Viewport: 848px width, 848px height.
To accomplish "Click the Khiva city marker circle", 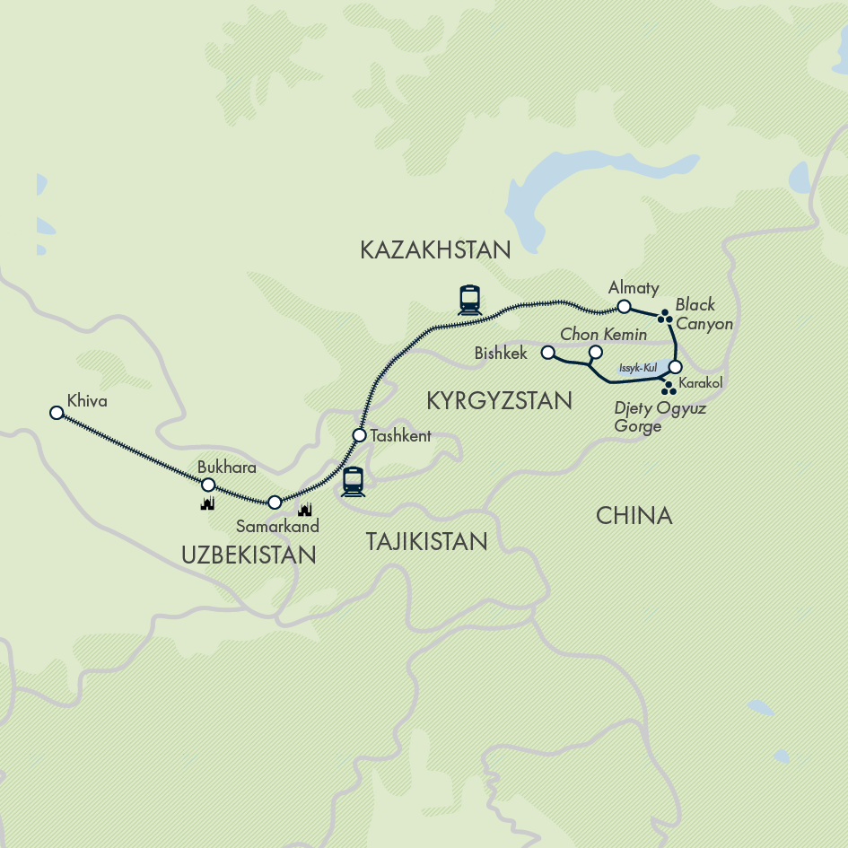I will [x=57, y=413].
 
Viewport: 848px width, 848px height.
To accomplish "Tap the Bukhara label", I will [x=226, y=468].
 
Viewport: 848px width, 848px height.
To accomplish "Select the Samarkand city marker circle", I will [x=275, y=503].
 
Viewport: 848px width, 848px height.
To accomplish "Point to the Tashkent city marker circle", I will [x=359, y=435].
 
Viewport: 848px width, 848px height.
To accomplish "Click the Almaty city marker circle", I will [x=624, y=307].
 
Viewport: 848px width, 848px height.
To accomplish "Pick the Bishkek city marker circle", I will [x=548, y=354].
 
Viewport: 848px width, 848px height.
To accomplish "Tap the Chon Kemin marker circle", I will [x=594, y=353].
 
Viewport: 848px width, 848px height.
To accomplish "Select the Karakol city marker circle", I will [x=675, y=366].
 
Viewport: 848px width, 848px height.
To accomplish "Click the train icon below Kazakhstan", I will [x=469, y=299].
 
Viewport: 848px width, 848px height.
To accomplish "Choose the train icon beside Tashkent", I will [x=353, y=482].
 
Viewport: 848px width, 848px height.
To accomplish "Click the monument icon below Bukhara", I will [x=208, y=504].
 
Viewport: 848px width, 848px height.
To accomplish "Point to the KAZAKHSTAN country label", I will [x=435, y=250].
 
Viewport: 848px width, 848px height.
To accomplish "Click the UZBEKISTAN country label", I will [x=249, y=555].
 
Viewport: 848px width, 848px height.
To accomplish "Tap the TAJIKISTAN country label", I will [x=426, y=541].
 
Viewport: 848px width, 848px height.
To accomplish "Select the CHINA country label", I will [x=634, y=515].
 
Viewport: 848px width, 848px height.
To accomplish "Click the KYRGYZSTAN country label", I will [x=499, y=400].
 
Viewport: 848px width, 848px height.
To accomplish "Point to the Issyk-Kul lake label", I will [x=638, y=368].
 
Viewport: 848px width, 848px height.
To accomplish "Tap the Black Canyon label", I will [x=700, y=314].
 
